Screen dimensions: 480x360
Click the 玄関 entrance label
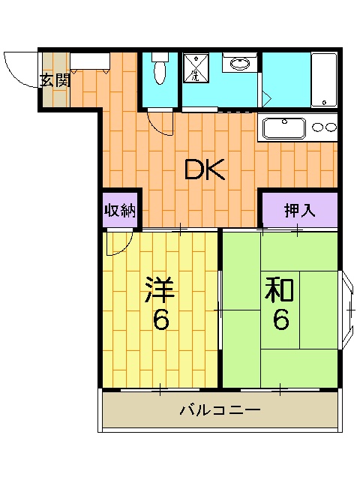(x=55, y=79)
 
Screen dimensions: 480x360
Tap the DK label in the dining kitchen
(x=205, y=171)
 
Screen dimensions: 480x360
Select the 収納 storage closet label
(x=120, y=210)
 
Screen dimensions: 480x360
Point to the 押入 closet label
(x=298, y=211)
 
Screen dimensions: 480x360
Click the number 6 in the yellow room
(x=160, y=321)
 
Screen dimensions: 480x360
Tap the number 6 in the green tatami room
(x=280, y=320)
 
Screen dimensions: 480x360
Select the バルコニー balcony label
(x=220, y=410)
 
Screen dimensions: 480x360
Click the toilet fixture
(x=159, y=70)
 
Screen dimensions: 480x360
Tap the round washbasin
(x=240, y=63)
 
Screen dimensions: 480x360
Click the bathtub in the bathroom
(x=324, y=79)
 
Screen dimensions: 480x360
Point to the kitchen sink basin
(x=282, y=128)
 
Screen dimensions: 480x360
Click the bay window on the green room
(x=349, y=307)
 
